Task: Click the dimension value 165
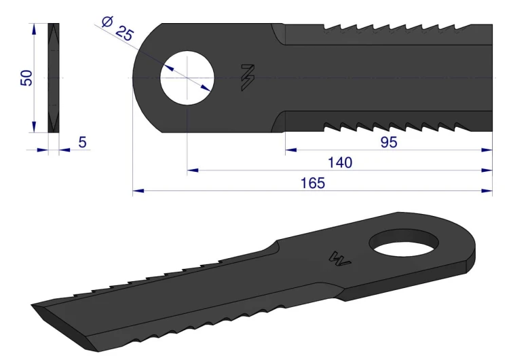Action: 313,183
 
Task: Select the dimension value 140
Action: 340,162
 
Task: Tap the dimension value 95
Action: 389,143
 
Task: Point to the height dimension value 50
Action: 26,78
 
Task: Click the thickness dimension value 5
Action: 82,143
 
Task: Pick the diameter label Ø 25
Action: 117,29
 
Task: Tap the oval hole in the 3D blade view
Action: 404,244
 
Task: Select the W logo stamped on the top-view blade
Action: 248,77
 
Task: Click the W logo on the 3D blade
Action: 339,258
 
